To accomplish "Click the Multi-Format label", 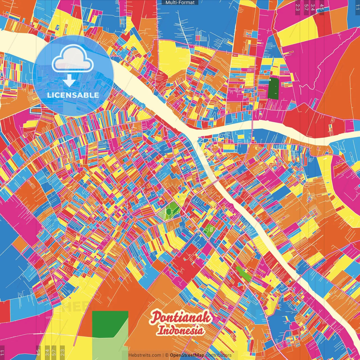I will click(x=180, y=3).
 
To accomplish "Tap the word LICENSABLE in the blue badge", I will click(x=73, y=95).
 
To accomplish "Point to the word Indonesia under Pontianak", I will click(x=180, y=330).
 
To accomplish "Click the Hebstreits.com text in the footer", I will click(x=145, y=355).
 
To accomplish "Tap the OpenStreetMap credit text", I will click(x=187, y=355).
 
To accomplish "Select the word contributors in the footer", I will click(x=218, y=355).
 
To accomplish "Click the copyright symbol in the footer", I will click(x=167, y=355).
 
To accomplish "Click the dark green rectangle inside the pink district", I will click(x=273, y=88).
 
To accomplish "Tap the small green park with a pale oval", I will click(x=210, y=230).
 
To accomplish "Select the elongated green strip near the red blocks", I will click(x=244, y=274).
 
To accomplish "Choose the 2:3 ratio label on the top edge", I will click(x=297, y=7).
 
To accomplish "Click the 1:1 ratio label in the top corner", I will click(x=357, y=7).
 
